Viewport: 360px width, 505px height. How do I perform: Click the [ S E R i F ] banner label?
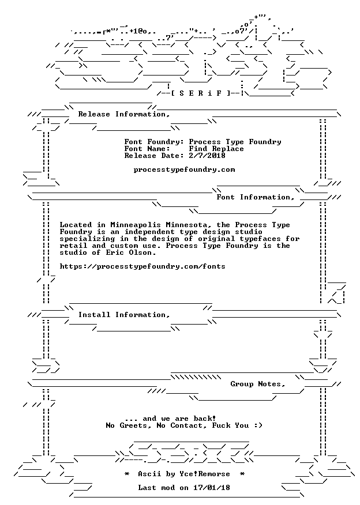[200, 93]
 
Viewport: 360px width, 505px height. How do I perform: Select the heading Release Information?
[124, 114]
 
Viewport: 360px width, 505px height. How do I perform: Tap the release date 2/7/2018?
[207, 156]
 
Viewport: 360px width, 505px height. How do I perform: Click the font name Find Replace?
[216, 149]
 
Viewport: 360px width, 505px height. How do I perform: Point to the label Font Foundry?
[155, 142]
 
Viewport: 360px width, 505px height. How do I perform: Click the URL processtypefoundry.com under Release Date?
[185, 170]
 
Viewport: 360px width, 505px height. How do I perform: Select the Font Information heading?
[256, 197]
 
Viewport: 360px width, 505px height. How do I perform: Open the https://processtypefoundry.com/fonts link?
[142, 267]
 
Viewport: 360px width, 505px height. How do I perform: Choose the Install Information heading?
[124, 315]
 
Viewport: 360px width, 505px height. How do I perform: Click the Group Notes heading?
[258, 384]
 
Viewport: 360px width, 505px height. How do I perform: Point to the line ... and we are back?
[170, 419]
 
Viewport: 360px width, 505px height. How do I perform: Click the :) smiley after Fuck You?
[258, 426]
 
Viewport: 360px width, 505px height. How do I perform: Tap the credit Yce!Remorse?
[205, 474]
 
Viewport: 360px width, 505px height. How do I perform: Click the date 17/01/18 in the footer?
[212, 488]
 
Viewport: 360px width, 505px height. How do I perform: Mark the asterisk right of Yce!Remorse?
[242, 474]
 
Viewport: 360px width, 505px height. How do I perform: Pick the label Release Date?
[155, 156]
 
